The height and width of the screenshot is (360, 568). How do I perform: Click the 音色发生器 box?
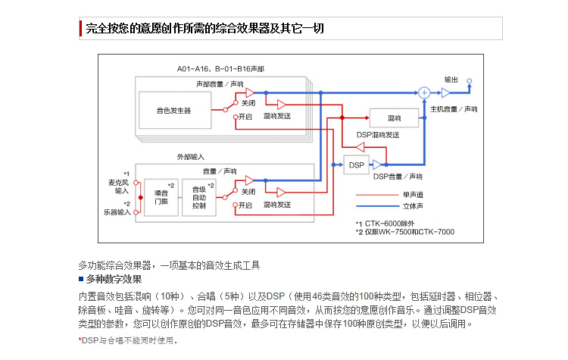point(175,110)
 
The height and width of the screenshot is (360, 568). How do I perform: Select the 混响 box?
point(394,117)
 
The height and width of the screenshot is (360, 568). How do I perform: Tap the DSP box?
point(356,165)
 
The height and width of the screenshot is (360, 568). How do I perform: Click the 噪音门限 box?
point(161,197)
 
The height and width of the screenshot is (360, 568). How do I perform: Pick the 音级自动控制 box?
point(199,197)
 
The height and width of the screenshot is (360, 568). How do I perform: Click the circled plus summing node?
point(424,92)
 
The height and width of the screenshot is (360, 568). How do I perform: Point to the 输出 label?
point(451,80)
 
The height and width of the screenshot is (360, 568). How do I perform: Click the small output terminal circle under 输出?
point(470,81)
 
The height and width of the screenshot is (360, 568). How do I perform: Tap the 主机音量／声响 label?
point(454,109)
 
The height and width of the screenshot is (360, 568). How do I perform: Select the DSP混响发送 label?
point(378,135)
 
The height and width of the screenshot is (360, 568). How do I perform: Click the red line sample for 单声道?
point(377,195)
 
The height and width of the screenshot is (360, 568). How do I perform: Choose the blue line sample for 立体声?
point(377,206)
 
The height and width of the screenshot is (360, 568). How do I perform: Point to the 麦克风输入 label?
point(118,186)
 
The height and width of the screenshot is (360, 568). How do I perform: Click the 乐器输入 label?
point(117,212)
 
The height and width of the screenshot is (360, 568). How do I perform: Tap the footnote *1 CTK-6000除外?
point(385,224)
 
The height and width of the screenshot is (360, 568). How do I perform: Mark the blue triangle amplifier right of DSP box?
point(377,165)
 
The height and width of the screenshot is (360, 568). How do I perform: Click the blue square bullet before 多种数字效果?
point(81,279)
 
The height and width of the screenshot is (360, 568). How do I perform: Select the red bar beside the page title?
point(80,28)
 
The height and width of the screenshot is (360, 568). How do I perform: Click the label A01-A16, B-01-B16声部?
point(220,69)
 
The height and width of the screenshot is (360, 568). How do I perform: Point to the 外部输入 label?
point(191,157)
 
